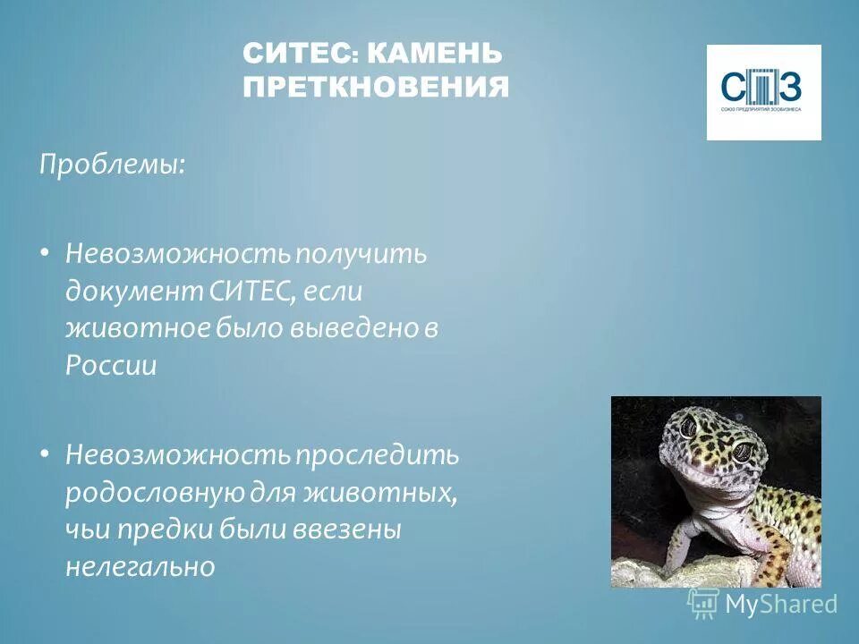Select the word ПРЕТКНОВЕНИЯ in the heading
376,88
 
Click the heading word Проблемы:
111,165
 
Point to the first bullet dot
45,253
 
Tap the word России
110,366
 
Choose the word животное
136,328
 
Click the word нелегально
140,567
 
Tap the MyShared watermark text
780,604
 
